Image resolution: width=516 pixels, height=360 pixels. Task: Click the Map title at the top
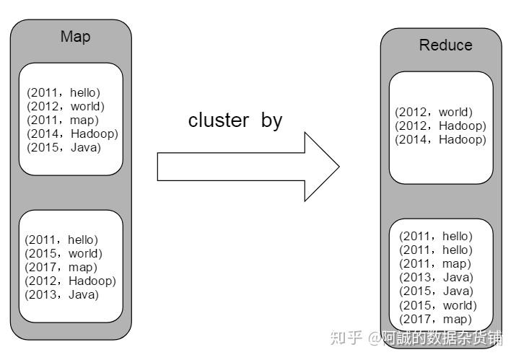click(75, 37)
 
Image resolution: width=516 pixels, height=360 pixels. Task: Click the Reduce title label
click(445, 45)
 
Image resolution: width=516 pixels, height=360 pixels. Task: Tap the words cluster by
click(235, 120)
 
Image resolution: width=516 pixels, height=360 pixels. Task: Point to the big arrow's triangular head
click(320, 167)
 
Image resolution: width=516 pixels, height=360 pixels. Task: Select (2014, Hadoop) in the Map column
click(72, 133)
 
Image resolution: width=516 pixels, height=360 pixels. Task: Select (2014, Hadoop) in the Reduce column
click(440, 139)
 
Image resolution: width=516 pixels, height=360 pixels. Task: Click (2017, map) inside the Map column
click(61, 267)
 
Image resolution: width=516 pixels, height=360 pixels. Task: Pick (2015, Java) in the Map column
click(64, 147)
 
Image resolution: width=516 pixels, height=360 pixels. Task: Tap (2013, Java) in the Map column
click(61, 294)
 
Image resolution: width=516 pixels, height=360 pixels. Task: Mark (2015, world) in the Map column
click(64, 253)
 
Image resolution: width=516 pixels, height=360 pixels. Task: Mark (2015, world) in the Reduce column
click(438, 304)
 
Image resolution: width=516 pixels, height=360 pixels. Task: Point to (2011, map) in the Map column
click(63, 120)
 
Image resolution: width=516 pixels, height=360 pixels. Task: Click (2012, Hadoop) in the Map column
click(70, 281)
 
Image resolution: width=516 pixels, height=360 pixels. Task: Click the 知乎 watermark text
click(345, 338)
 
